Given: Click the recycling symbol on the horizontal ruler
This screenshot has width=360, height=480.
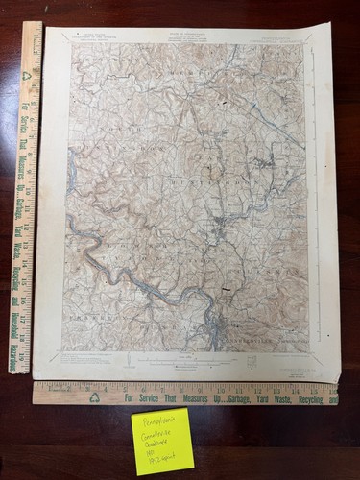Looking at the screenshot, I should (x=95, y=396).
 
